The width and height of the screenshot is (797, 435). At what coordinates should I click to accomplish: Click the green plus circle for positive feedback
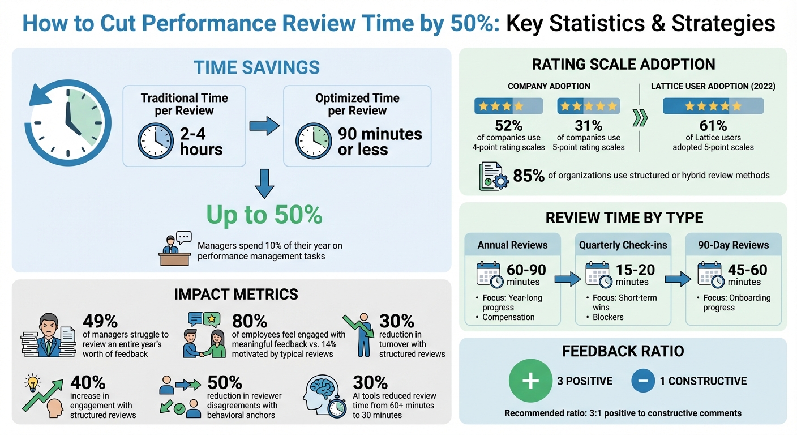530,381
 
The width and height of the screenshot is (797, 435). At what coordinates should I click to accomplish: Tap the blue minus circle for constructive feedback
642,381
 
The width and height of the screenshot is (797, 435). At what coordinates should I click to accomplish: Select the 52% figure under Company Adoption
508,125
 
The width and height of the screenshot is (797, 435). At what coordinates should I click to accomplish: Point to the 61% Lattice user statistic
713,125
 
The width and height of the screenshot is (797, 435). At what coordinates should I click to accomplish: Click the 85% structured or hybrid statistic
528,176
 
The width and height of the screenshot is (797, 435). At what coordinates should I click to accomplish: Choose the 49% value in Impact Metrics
100,321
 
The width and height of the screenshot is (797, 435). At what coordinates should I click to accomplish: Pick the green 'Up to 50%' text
264,215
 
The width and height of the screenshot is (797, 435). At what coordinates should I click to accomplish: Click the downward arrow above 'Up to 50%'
264,185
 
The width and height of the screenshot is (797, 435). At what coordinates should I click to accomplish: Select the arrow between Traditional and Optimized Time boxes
264,125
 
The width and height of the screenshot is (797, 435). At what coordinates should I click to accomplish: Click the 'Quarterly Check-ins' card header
623,245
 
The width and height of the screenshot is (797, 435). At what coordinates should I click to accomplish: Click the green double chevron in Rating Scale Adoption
640,118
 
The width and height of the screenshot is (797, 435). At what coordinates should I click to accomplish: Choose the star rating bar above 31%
588,106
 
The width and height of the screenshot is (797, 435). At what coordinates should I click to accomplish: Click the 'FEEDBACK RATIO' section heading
623,351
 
